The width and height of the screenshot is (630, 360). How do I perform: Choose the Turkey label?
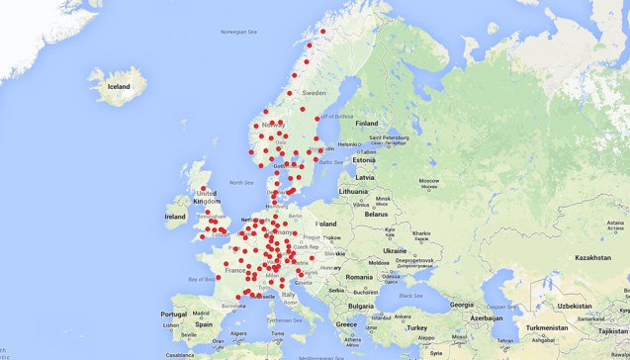[x=415, y=326]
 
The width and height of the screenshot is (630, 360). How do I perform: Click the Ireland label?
[x=175, y=216]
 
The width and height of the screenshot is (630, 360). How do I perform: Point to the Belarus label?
[x=376, y=214]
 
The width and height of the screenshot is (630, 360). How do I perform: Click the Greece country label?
[x=346, y=324]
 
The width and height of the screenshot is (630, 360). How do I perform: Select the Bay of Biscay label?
[x=201, y=279]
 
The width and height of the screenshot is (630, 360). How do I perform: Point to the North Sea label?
[x=241, y=182]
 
